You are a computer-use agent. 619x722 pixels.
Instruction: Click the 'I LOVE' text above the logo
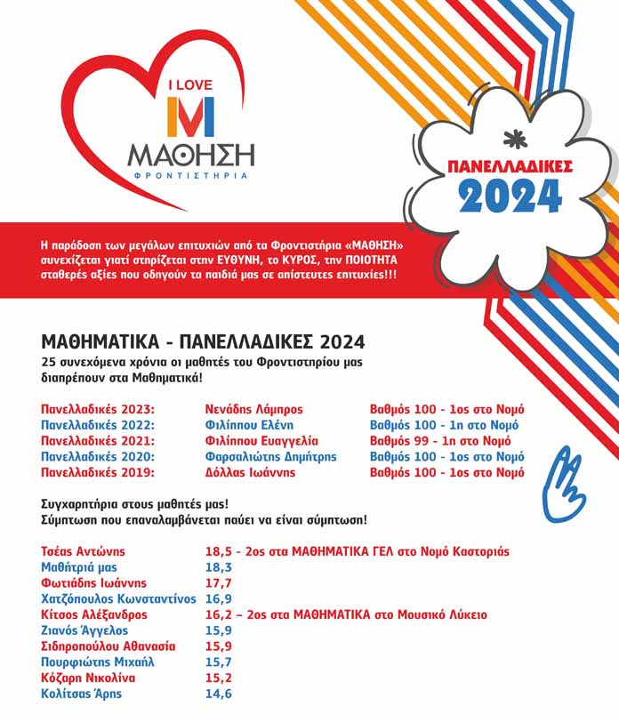[x=191, y=85]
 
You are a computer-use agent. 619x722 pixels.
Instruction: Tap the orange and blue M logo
[x=191, y=118]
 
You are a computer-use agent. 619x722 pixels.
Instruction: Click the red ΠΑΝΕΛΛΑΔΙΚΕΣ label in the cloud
[x=510, y=166]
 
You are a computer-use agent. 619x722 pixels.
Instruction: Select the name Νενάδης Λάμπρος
[x=253, y=409]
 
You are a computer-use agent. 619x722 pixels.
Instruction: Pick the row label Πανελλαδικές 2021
[x=99, y=441]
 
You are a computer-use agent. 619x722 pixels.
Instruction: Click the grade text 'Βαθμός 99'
[x=401, y=441]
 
